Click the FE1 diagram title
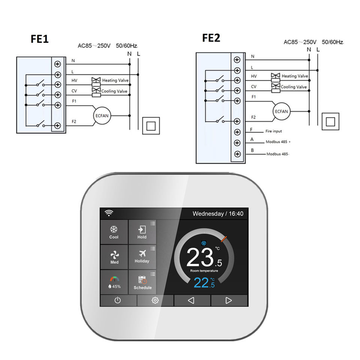(x=39, y=39)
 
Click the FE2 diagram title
(x=211, y=38)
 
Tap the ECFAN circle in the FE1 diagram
(x=102, y=115)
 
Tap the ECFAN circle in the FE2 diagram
(x=281, y=111)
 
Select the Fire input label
(x=273, y=131)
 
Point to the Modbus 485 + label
(x=278, y=142)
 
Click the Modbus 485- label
(x=278, y=154)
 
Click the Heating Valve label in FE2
(x=295, y=76)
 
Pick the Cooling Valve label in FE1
(x=114, y=91)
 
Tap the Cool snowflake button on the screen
(x=114, y=232)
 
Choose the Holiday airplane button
(x=142, y=256)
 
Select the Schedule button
(x=142, y=282)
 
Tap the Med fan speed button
(x=114, y=257)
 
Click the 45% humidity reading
(x=114, y=286)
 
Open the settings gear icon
(x=155, y=300)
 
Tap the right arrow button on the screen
(x=229, y=300)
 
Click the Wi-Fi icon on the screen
(x=109, y=213)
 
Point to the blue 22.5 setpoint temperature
(x=204, y=283)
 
